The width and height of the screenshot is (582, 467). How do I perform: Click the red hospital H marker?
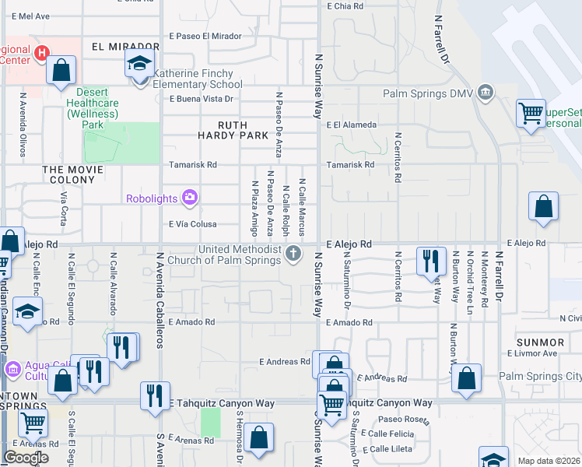(43, 52)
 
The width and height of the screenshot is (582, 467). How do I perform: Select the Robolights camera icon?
(190, 198)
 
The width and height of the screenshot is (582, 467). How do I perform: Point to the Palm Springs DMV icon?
(486, 93)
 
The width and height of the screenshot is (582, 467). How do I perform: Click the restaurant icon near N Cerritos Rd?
(430, 261)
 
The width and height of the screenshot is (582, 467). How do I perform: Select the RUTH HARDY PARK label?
(233, 132)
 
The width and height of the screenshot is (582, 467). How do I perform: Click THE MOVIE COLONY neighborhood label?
(73, 169)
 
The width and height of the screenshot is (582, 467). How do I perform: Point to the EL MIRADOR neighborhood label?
(119, 47)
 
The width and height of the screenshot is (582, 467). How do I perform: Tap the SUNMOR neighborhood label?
(540, 342)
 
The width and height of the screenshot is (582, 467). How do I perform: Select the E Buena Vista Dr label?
(202, 99)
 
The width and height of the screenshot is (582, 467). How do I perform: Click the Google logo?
(26, 458)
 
